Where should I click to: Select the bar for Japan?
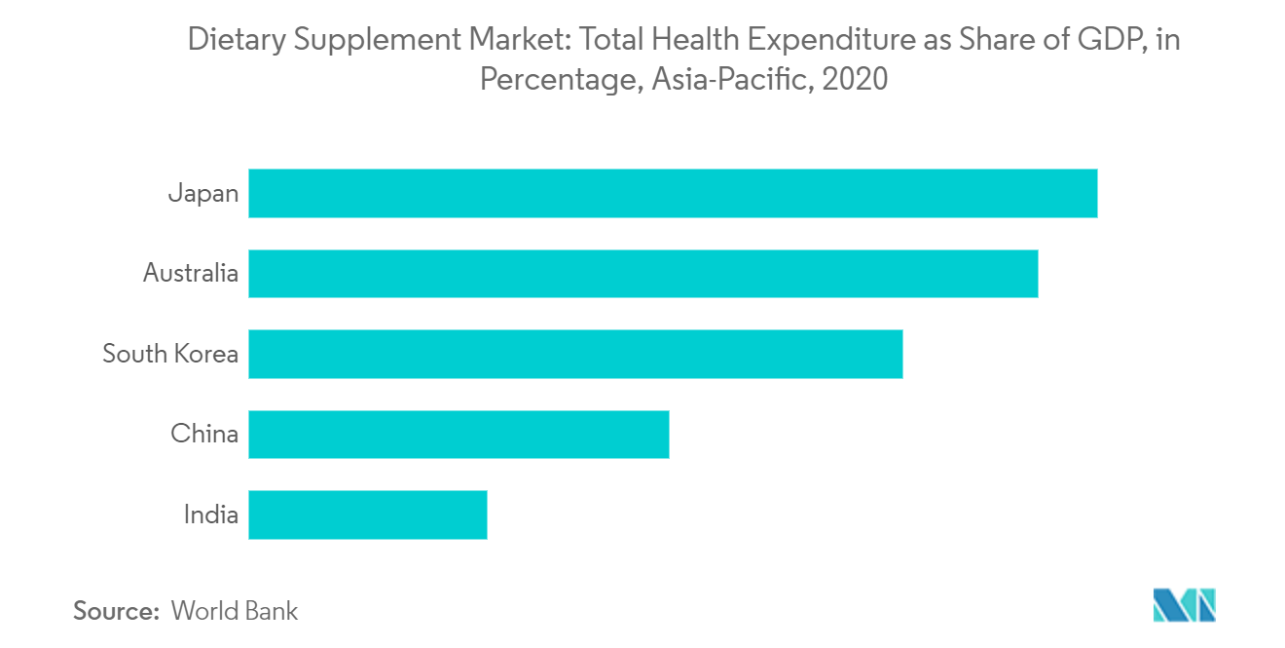(673, 193)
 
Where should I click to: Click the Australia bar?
(642, 274)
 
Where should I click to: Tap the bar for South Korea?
(575, 354)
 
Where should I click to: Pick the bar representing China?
(459, 435)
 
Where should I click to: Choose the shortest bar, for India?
(367, 515)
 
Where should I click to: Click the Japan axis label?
(202, 193)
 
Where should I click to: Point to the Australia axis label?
(190, 274)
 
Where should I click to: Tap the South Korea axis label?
(170, 354)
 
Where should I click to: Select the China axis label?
(204, 435)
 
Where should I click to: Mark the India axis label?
(210, 515)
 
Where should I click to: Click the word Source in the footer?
(116, 611)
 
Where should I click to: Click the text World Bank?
(235, 611)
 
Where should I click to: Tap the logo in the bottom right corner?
(1184, 605)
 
